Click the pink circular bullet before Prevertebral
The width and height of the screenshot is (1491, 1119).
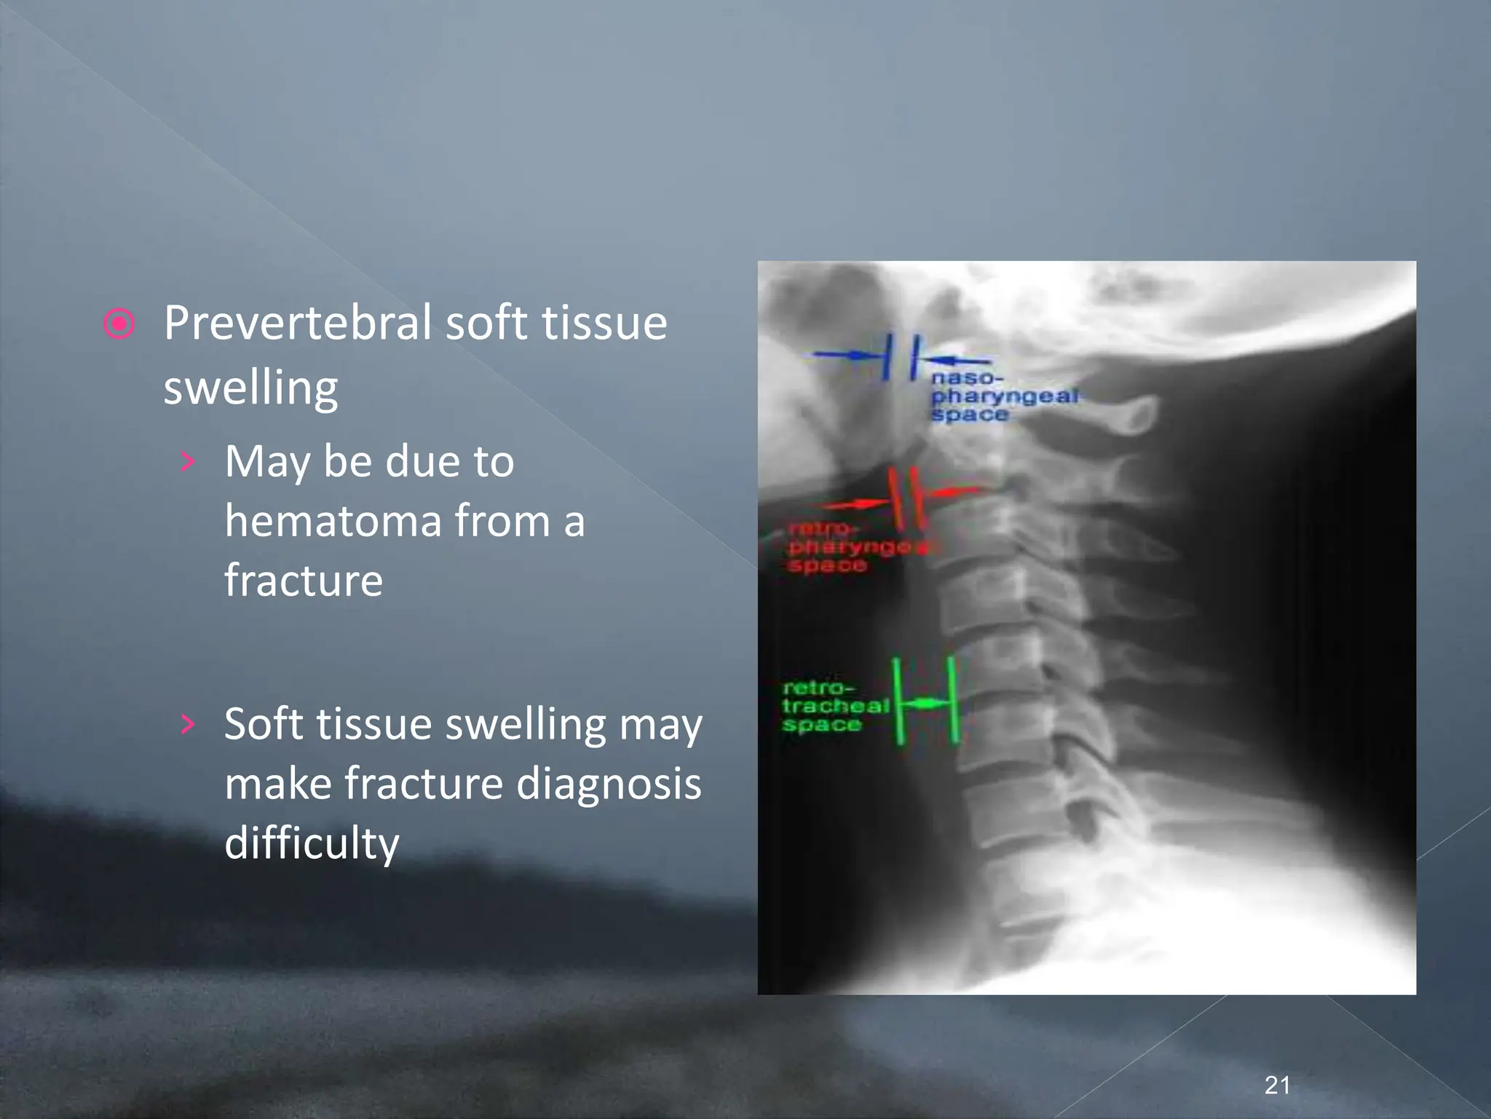119,323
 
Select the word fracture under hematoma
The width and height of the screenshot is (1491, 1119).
303,581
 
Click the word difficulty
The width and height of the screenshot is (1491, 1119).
312,844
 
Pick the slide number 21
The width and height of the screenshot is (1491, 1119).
1277,1085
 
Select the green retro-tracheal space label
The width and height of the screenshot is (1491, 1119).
834,706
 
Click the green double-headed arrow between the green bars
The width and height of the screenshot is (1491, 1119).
925,704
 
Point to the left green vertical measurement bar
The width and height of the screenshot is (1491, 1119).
898,701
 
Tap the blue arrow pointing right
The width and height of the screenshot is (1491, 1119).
845,356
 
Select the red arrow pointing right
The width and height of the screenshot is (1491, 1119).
856,503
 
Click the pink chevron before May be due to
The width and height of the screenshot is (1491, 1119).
188,461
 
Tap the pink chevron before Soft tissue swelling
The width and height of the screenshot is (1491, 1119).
188,723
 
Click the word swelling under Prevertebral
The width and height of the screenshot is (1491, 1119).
250,388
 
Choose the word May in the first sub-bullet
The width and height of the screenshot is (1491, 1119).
267,463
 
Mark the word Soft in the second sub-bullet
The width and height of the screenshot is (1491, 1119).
264,725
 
